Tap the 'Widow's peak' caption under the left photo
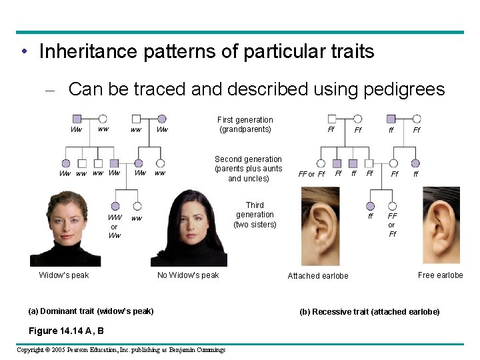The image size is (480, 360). click(64, 275)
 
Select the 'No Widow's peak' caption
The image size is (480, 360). click(188, 275)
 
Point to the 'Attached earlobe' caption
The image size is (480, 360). click(318, 276)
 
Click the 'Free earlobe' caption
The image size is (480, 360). click(440, 275)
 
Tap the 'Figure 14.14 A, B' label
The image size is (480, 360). click(65, 331)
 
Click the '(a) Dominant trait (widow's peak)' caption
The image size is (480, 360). click(91, 311)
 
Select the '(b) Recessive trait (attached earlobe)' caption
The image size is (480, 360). click(369, 312)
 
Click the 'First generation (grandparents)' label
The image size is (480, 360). click(245, 125)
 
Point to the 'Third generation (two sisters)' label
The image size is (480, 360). click(255, 215)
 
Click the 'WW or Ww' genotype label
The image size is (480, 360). click(115, 227)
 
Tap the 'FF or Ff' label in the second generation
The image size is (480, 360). click(311, 175)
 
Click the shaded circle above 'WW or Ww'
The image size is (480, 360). click(115, 207)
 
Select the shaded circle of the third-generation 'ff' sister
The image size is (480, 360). click(371, 206)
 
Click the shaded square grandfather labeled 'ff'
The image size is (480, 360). click(391, 119)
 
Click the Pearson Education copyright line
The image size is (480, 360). click(121, 350)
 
